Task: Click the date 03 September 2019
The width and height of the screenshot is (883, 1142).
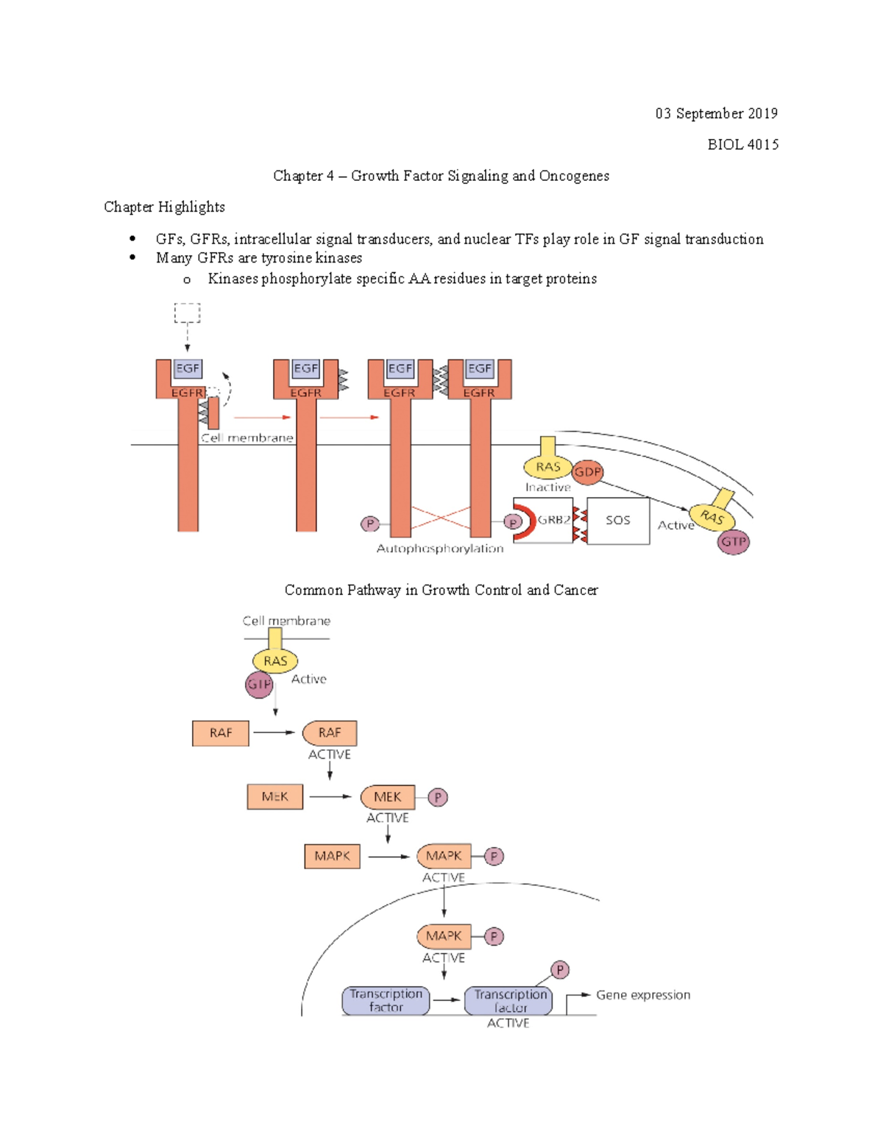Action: (716, 113)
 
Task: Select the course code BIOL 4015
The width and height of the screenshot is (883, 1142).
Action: (742, 144)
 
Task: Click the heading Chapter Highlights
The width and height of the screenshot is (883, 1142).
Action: (164, 207)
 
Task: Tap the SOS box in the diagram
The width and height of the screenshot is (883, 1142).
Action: (618, 521)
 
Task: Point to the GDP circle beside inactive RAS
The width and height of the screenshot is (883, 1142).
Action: (587, 472)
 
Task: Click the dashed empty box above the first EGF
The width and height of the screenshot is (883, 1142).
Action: (187, 313)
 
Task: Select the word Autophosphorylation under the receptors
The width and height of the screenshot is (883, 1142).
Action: (440, 549)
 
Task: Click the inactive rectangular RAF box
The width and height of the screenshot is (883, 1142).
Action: (221, 733)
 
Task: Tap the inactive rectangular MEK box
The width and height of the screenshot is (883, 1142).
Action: (274, 797)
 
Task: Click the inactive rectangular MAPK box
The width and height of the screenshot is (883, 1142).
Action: (332, 856)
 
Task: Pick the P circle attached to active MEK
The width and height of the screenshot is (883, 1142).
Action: (438, 797)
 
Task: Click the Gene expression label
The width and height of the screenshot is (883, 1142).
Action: (643, 995)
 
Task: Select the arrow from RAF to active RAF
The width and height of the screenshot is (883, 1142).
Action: (274, 732)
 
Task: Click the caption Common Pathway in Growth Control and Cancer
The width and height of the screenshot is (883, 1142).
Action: (441, 590)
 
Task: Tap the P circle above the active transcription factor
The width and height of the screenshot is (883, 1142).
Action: (560, 970)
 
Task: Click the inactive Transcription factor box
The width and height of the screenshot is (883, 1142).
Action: (386, 1001)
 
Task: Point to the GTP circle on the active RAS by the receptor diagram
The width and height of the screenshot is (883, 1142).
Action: (733, 542)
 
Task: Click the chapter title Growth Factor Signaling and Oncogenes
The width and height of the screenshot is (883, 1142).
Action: (480, 176)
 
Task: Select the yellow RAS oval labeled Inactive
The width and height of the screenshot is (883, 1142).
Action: (547, 467)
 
